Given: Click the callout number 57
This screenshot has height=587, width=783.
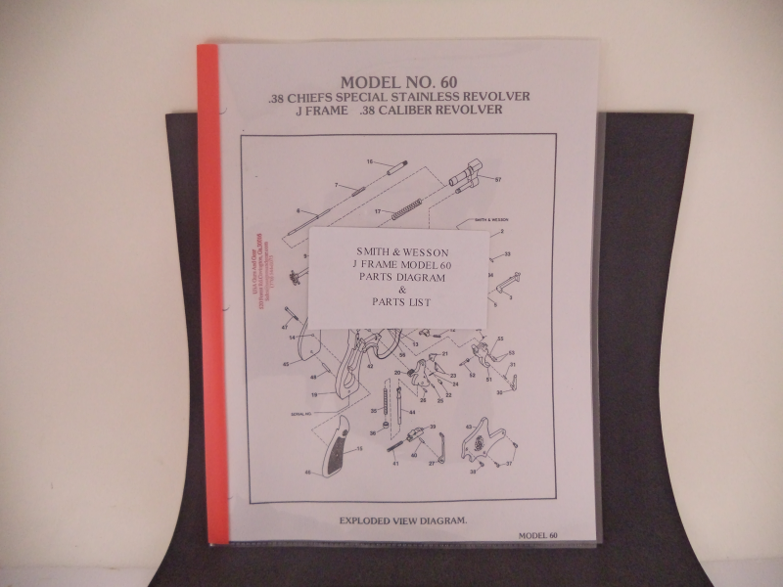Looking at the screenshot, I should click(x=497, y=180).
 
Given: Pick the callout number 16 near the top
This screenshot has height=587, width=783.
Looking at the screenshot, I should click(x=370, y=160).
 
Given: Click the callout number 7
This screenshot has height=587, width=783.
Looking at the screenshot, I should click(x=336, y=185).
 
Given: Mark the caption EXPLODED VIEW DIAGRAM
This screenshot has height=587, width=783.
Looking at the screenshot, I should click(x=402, y=519).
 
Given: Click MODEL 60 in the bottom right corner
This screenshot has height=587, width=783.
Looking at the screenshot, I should click(x=539, y=535).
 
